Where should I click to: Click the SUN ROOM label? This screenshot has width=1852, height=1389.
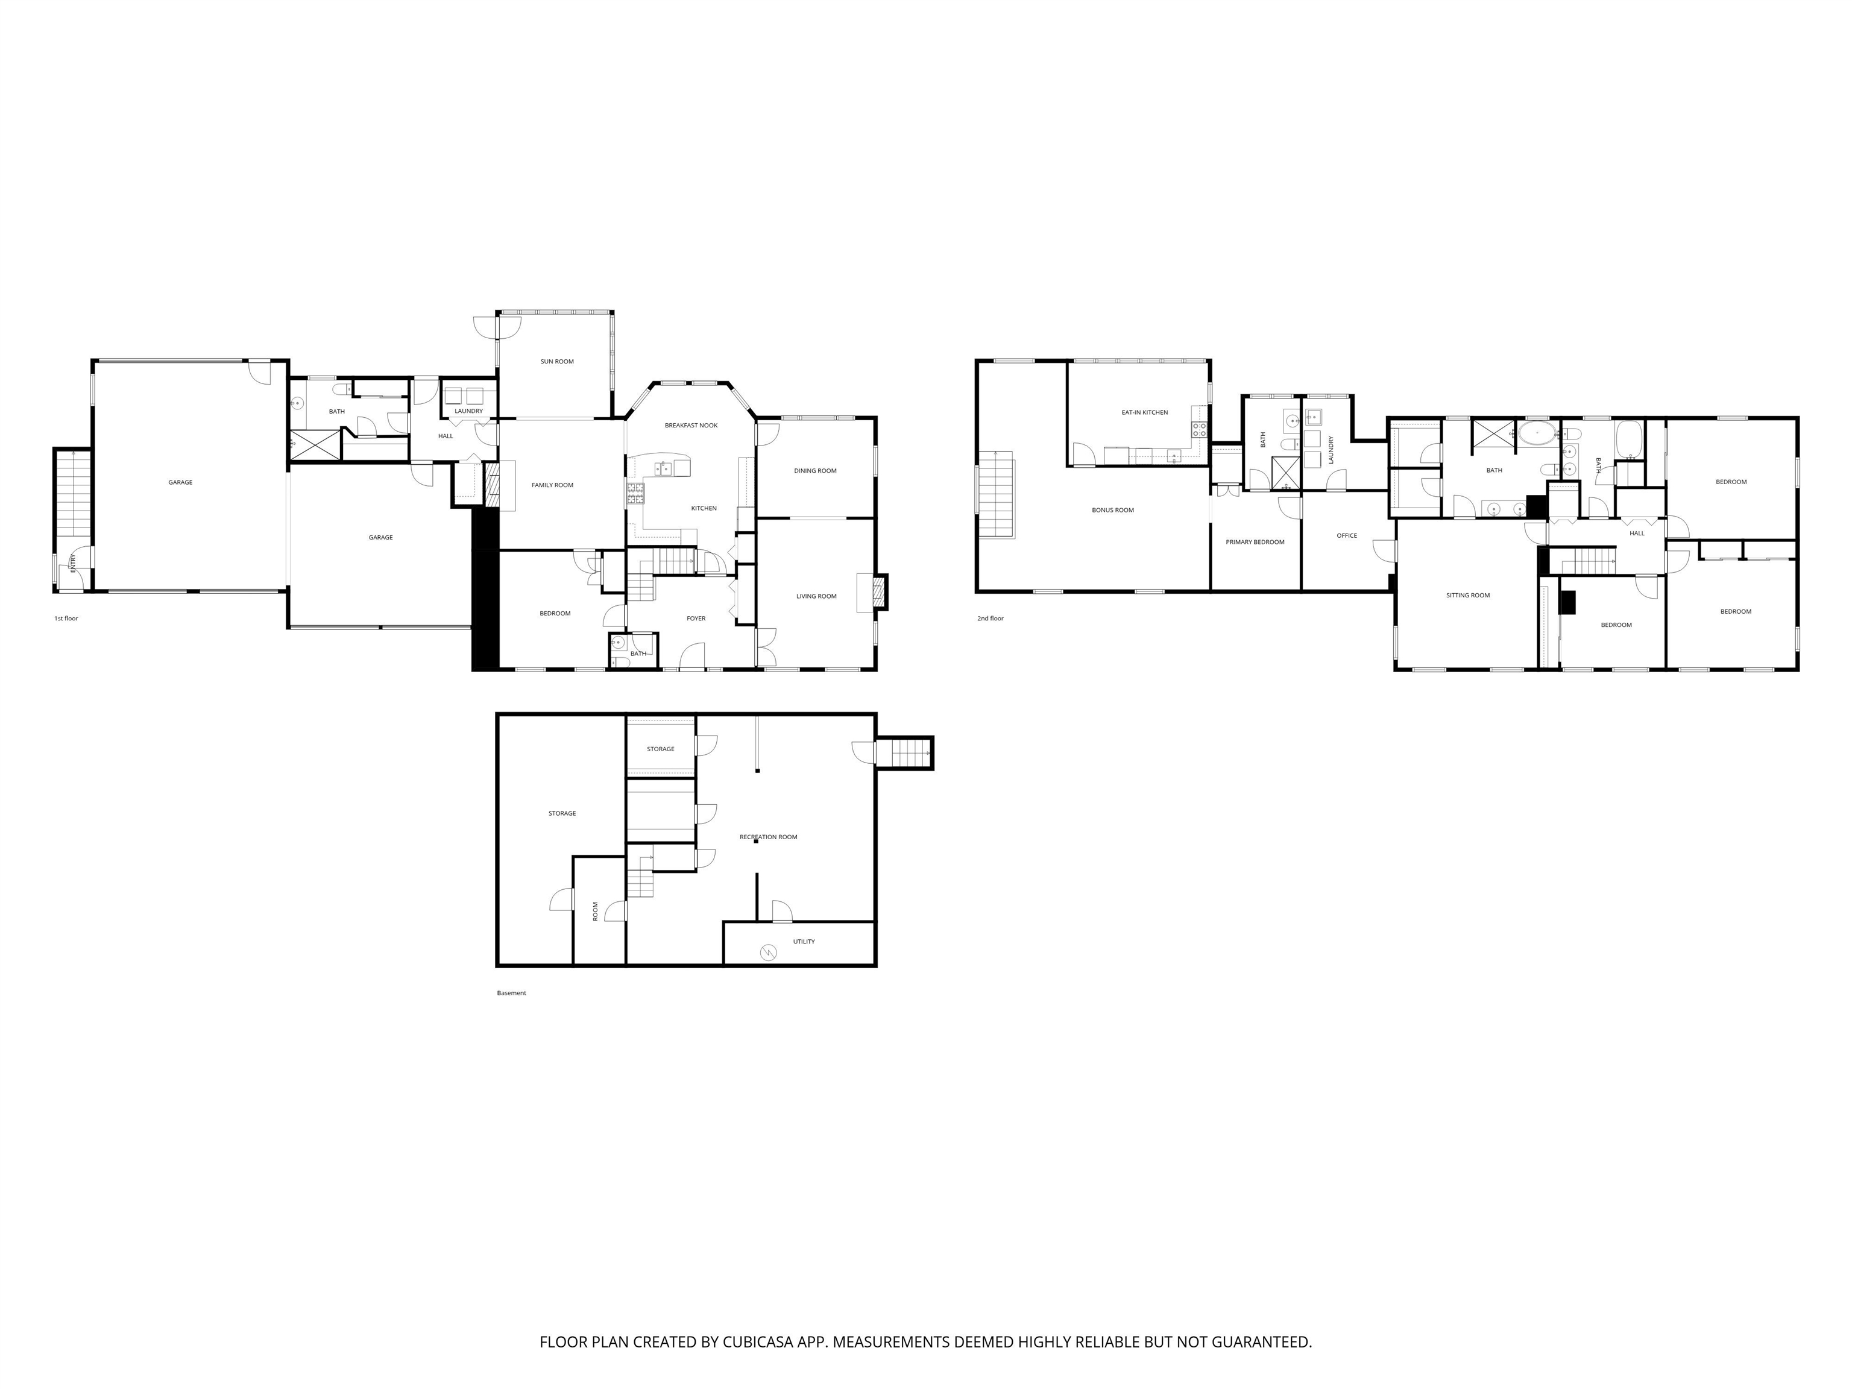click(557, 362)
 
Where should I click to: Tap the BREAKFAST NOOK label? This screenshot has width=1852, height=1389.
click(691, 426)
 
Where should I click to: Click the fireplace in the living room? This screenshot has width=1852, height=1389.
click(877, 593)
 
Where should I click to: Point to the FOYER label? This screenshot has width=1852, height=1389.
click(696, 619)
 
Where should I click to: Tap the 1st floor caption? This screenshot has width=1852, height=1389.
click(66, 618)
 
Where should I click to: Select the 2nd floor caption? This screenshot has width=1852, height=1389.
click(990, 618)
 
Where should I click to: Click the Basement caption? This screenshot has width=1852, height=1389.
click(512, 993)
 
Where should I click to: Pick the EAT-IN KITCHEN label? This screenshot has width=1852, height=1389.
click(1144, 412)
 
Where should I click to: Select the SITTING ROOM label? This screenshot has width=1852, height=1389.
click(1468, 595)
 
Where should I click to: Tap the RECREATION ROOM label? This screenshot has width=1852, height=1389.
click(768, 836)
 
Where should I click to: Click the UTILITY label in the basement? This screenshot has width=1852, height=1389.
click(803, 941)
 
